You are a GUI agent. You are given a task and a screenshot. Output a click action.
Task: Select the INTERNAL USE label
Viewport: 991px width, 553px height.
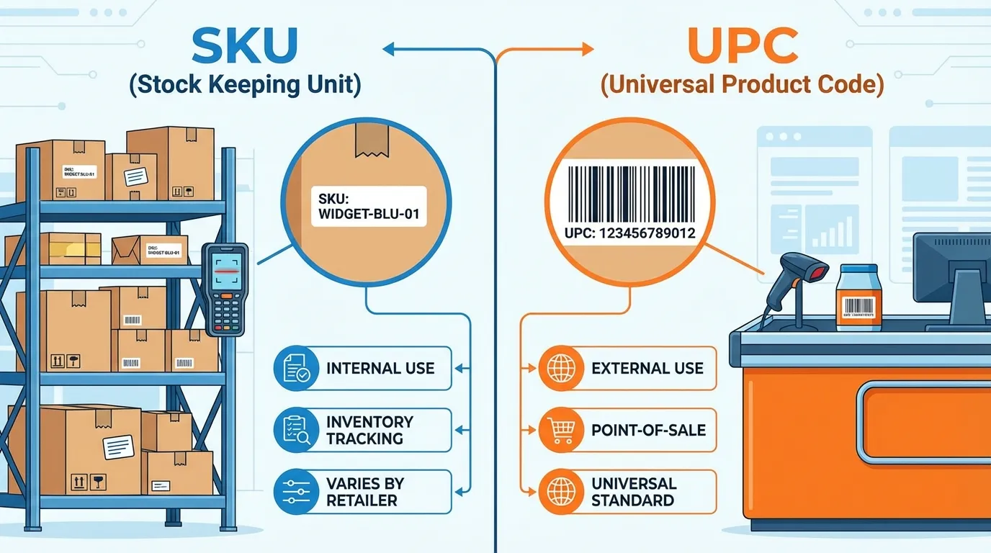pos(380,369)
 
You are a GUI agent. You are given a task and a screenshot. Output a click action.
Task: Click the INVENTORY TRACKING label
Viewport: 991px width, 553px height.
pos(369,430)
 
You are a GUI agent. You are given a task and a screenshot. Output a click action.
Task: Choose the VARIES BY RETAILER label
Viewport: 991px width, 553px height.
pos(364,492)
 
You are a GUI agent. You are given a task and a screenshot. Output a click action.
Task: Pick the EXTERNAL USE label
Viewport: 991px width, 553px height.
pos(647,369)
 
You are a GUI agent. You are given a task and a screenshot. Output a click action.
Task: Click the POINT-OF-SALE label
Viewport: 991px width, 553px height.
pos(648,431)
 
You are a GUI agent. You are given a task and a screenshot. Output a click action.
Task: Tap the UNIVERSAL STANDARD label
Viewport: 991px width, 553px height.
pos(633,492)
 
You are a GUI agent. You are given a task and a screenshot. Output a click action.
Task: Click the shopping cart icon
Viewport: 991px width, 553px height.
pos(560,431)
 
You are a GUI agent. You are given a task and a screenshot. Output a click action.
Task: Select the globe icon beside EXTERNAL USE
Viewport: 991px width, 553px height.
pos(560,369)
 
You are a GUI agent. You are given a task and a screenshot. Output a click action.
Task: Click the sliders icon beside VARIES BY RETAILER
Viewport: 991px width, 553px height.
pos(295,492)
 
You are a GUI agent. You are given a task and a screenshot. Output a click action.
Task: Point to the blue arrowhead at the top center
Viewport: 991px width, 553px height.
pos(390,49)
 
